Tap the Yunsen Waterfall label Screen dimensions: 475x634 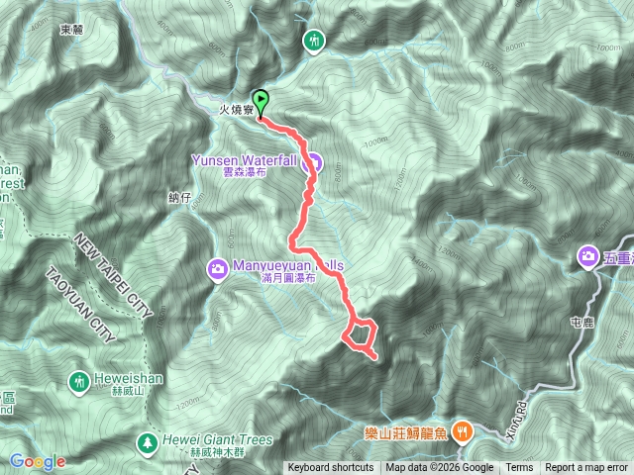pyautogui.click(x=257, y=163)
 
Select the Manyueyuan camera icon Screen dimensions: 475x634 pyautogui.click(x=217, y=267)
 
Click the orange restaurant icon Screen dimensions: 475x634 pyautogui.click(x=462, y=430)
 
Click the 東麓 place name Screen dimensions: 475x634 pyautogui.click(x=70, y=30)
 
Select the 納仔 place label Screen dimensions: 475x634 pyautogui.click(x=178, y=198)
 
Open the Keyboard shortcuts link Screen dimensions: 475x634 pyautogui.click(x=331, y=468)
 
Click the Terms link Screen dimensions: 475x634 pyautogui.click(x=519, y=468)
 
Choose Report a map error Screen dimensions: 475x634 pyautogui.click(x=587, y=468)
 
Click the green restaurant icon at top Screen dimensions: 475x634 pyautogui.click(x=314, y=41)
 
